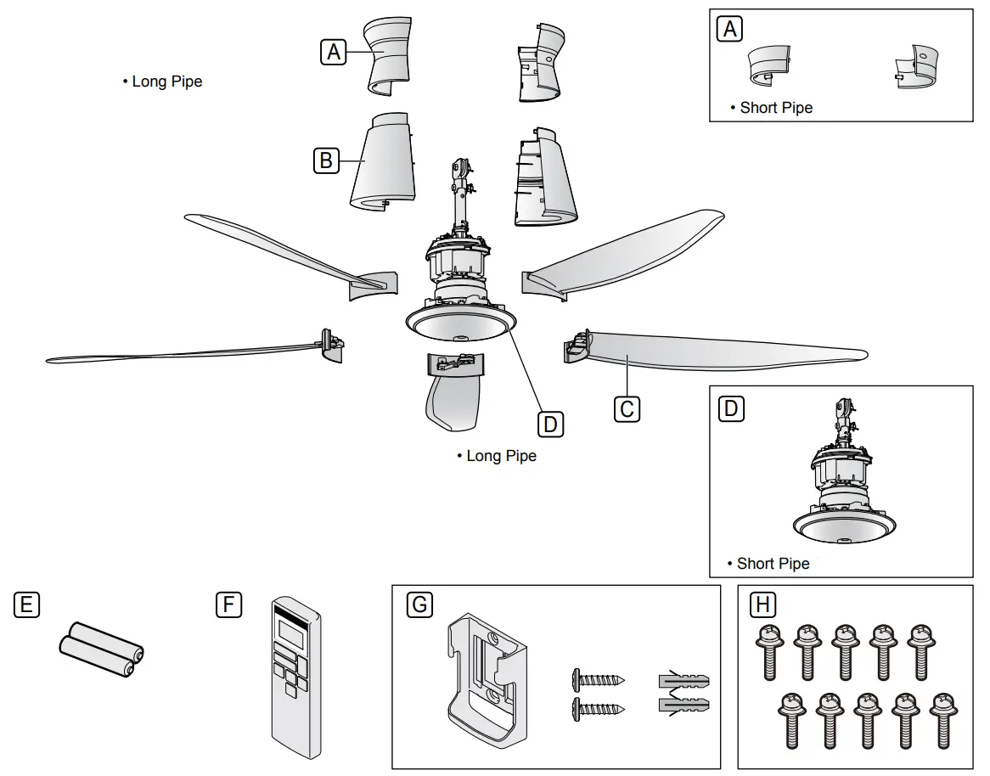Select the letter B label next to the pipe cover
pyautogui.click(x=325, y=159)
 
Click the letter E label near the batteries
pyautogui.click(x=26, y=604)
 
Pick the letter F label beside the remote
pyautogui.click(x=228, y=604)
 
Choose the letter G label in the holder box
pyautogui.click(x=419, y=604)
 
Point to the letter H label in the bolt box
pyautogui.click(x=764, y=604)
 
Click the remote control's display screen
pyautogui.click(x=291, y=630)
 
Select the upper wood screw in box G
pyautogui.click(x=599, y=679)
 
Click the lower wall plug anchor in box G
pyautogui.click(x=683, y=705)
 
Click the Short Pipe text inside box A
pyautogui.click(x=776, y=108)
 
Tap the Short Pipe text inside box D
pyautogui.click(x=773, y=564)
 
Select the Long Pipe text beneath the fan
pyautogui.click(x=501, y=456)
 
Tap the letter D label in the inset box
pyautogui.click(x=730, y=409)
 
